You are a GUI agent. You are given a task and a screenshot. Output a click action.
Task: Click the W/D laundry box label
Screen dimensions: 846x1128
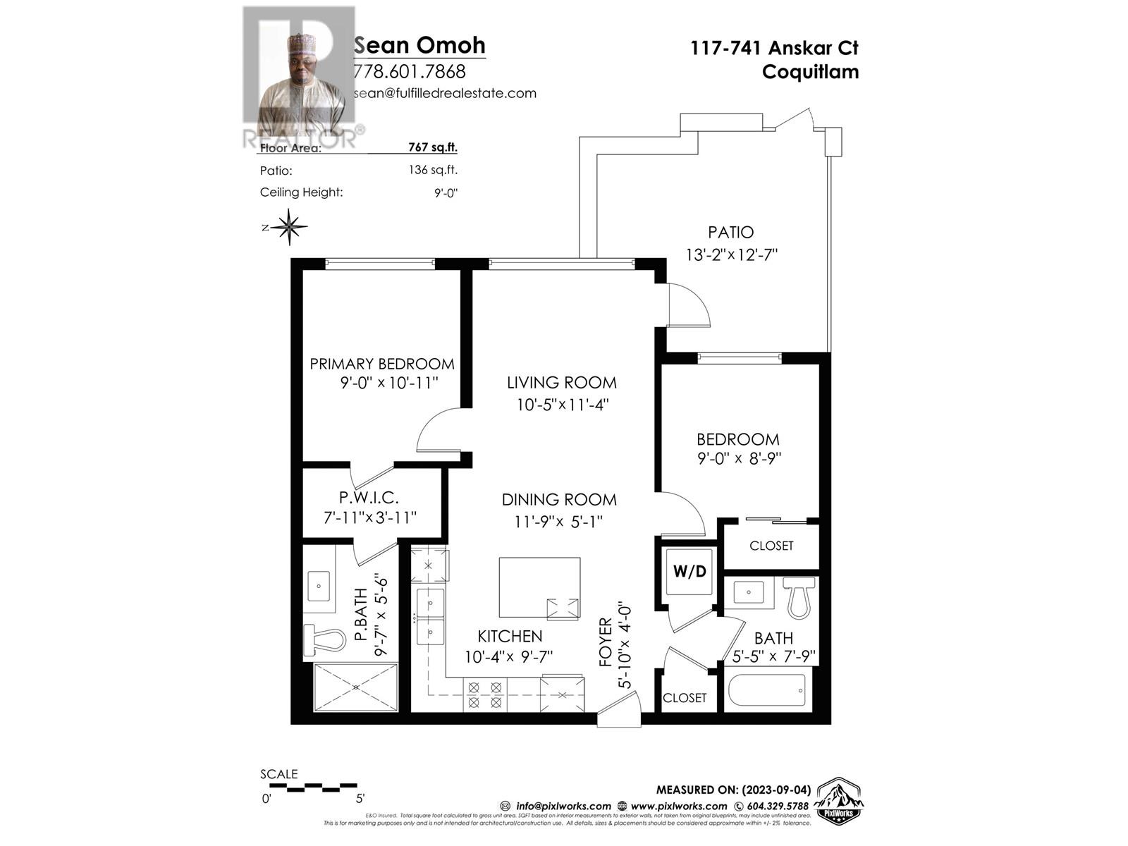tap(689, 571)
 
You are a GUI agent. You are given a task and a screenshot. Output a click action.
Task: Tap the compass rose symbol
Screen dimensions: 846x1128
tap(289, 227)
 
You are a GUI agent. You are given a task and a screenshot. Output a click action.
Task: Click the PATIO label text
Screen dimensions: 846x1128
tap(730, 232)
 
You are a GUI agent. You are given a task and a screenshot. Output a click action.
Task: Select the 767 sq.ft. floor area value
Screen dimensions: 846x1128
tap(432, 147)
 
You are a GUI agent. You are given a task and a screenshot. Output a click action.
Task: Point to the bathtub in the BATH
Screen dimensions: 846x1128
tap(767, 689)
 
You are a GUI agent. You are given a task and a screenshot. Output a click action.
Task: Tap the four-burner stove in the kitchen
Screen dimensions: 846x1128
tap(485, 694)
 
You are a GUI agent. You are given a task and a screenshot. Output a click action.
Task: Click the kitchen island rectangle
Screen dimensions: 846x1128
tap(539, 587)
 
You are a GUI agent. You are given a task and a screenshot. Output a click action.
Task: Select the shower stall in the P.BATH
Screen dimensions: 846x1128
tap(355, 687)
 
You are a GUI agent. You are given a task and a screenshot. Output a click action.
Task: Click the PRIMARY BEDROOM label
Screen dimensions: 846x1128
tap(382, 364)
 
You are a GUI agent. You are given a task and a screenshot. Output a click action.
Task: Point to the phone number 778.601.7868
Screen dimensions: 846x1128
tap(409, 71)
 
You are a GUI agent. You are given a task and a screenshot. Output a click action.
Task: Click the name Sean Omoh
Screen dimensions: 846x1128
tap(419, 45)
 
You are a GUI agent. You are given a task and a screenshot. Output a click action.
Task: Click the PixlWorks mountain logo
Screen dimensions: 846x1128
tap(838, 801)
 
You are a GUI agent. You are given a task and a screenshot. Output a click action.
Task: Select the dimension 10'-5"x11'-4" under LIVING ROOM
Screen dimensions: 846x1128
tap(561, 405)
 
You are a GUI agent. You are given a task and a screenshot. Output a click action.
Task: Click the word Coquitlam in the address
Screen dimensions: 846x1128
tap(810, 71)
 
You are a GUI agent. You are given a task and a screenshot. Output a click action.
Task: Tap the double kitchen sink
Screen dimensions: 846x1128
tap(430, 617)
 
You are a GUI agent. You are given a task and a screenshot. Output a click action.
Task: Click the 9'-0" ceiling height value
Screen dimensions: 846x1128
tap(446, 192)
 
